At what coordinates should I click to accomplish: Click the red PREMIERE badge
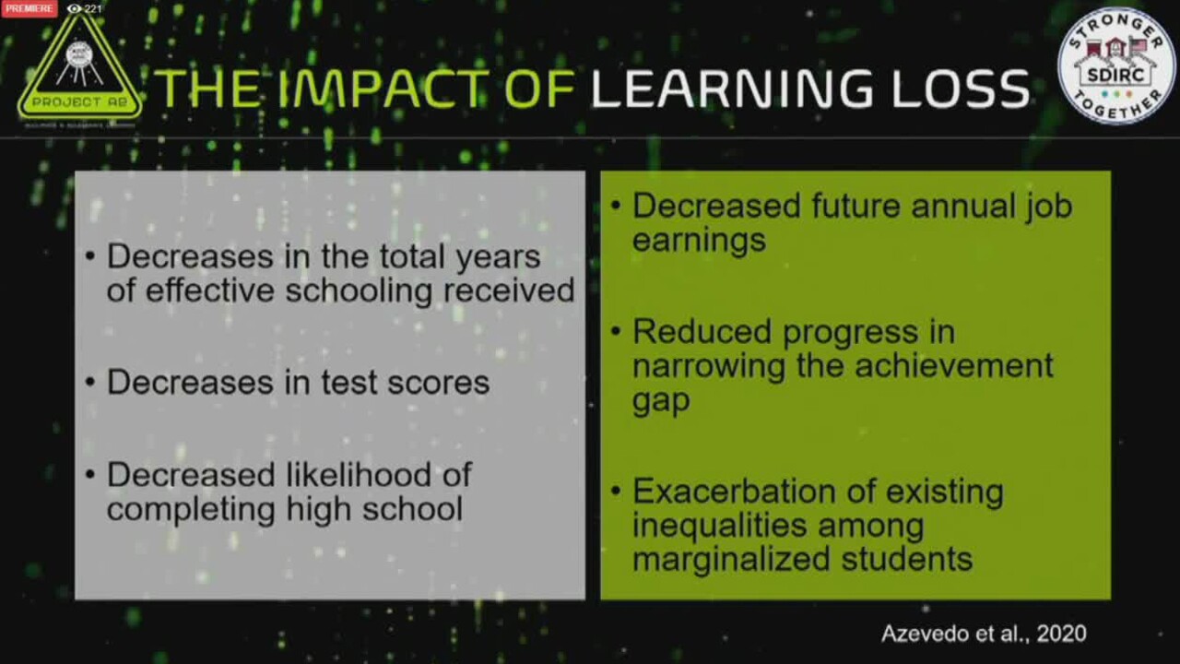coord(29,8)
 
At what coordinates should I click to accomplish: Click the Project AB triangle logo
coord(79,68)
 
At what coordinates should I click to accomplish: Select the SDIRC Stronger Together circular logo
coord(1115,65)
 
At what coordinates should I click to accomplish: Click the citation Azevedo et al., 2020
coord(984,634)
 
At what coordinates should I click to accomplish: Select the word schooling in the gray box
coord(360,290)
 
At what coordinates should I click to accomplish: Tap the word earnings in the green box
coord(699,240)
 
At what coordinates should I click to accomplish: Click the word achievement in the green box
coord(953,365)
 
